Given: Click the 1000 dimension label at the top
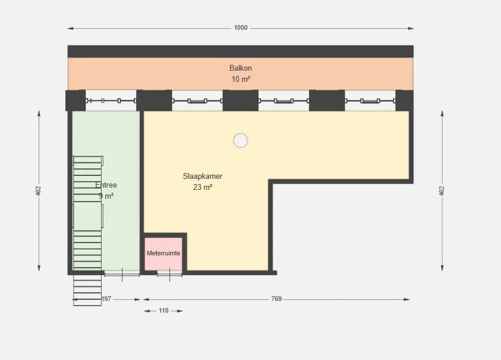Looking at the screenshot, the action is coord(241,28).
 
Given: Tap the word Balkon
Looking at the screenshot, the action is coord(241,68).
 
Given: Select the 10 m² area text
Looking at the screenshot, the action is coord(241,79).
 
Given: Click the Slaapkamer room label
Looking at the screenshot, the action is coord(203,176).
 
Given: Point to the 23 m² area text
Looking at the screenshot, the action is coord(203,187).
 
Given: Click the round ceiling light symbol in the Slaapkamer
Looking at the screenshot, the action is coord(241,140).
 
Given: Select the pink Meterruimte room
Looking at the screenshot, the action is coord(163,254).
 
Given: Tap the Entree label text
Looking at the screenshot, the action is coord(106,185).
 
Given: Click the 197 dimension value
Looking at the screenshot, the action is coord(106,299).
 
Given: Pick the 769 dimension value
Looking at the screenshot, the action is coord(276,299).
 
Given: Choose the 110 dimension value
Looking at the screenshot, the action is coord(163,310).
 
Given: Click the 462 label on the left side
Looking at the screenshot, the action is coord(39,191).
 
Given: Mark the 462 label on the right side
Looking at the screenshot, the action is coord(441,191).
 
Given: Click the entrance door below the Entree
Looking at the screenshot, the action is coord(122,274).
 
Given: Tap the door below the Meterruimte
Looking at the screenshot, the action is coord(170,274).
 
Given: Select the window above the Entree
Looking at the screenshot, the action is coord(111,101).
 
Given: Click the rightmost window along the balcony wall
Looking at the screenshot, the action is coord(370,101).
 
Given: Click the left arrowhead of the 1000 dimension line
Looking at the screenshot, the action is coord(71,29).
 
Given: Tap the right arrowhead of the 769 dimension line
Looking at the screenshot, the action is coord(407,300).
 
